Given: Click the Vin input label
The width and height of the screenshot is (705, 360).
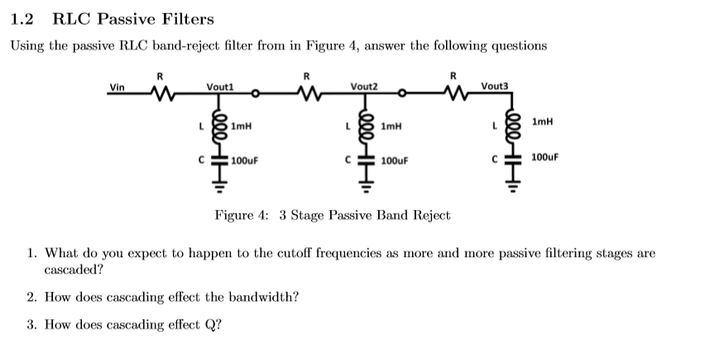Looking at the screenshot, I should [x=119, y=86].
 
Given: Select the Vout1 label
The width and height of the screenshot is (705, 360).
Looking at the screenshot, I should [x=221, y=86].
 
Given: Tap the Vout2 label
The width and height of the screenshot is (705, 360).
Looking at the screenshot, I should [x=364, y=86].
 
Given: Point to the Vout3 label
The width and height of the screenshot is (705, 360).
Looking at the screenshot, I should [x=495, y=85].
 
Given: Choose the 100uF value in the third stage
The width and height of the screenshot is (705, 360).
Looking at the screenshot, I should [x=544, y=156].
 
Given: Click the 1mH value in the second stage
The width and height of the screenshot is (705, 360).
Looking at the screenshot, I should [x=391, y=127].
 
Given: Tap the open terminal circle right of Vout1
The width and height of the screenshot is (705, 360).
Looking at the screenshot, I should [x=257, y=94].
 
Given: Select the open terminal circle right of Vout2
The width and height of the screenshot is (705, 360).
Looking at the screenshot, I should [x=402, y=94].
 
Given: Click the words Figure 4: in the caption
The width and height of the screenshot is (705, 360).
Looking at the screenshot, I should [x=242, y=215].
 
